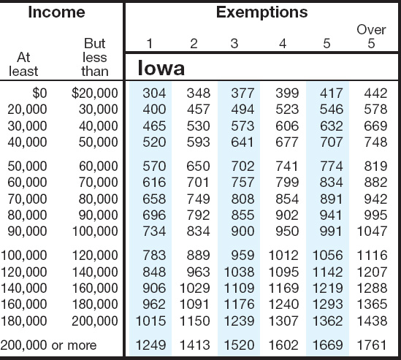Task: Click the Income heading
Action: pos(56,12)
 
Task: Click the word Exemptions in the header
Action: pos(262,12)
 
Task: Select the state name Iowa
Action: pos(161,68)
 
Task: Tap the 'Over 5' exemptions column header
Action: pos(371,37)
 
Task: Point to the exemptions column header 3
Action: pos(234,44)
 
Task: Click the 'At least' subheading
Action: pos(23,64)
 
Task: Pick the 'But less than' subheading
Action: pos(95,57)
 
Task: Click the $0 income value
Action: pos(39,93)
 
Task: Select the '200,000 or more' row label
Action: pos(49,345)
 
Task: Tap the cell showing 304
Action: pos(154,93)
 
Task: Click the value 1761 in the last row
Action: pos(372,345)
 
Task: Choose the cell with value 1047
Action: pos(372,231)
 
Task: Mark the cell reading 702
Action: pos(242,166)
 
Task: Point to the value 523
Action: pos(287,110)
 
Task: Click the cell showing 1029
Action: pos(195,288)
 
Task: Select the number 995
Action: pos(375,215)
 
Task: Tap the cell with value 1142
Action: pos(328,272)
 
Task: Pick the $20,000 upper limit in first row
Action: pos(95,93)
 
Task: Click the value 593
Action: pos(198,142)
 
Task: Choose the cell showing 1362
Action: pos(328,321)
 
